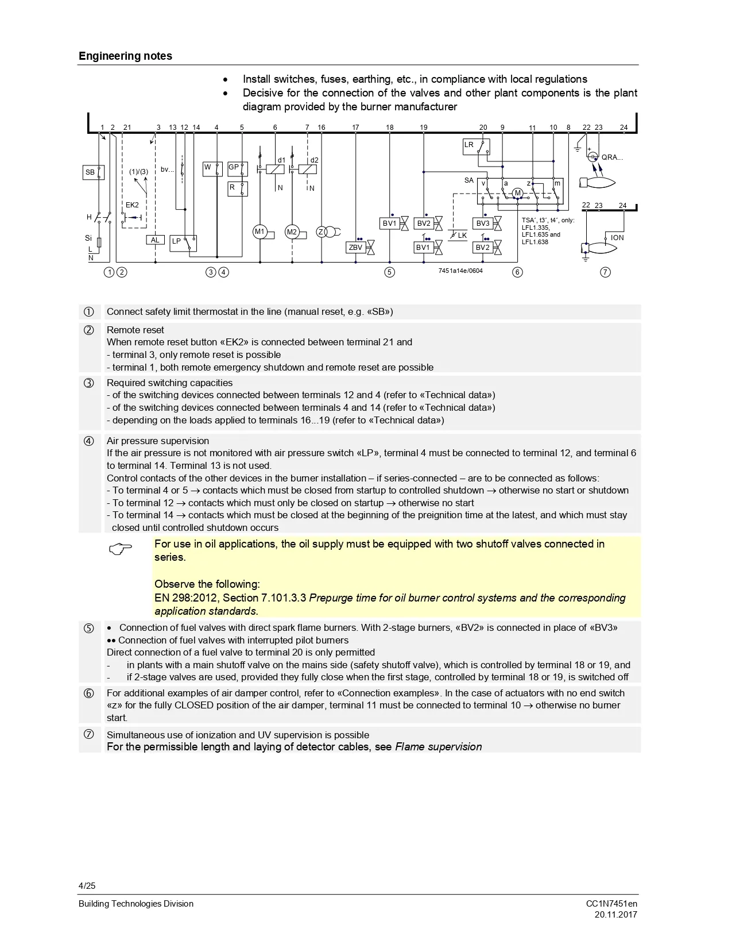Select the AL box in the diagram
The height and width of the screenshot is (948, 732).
tap(155, 240)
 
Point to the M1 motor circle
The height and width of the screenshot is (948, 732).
tap(260, 232)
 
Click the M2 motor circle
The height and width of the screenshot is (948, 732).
tap(292, 232)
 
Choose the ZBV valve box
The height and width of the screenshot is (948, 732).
tap(355, 248)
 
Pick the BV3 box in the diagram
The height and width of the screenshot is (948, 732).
tap(483, 223)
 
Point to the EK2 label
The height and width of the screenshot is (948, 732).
tap(132, 205)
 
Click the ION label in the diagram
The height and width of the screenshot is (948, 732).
tap(617, 238)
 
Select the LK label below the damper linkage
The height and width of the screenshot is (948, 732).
tap(462, 236)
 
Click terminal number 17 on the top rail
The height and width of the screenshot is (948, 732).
tap(355, 128)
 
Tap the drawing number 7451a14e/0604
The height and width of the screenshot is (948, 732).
tap(460, 271)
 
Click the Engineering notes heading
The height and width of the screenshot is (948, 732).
tap(125, 56)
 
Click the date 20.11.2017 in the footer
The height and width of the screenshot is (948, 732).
tap(615, 915)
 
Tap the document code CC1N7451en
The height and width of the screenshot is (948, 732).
tap(611, 904)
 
